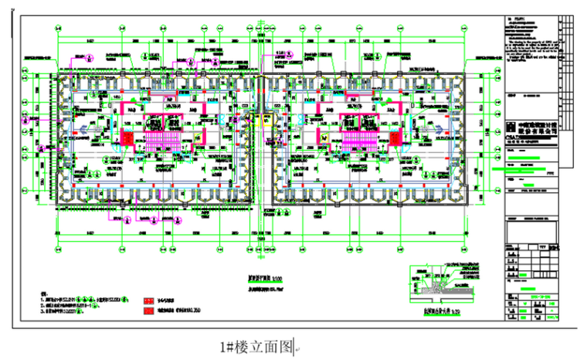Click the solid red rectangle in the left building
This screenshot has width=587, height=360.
point(127,138)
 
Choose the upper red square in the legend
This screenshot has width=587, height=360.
point(148,301)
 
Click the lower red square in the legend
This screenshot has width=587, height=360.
point(148,312)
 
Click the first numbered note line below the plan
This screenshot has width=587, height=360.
point(73,298)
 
